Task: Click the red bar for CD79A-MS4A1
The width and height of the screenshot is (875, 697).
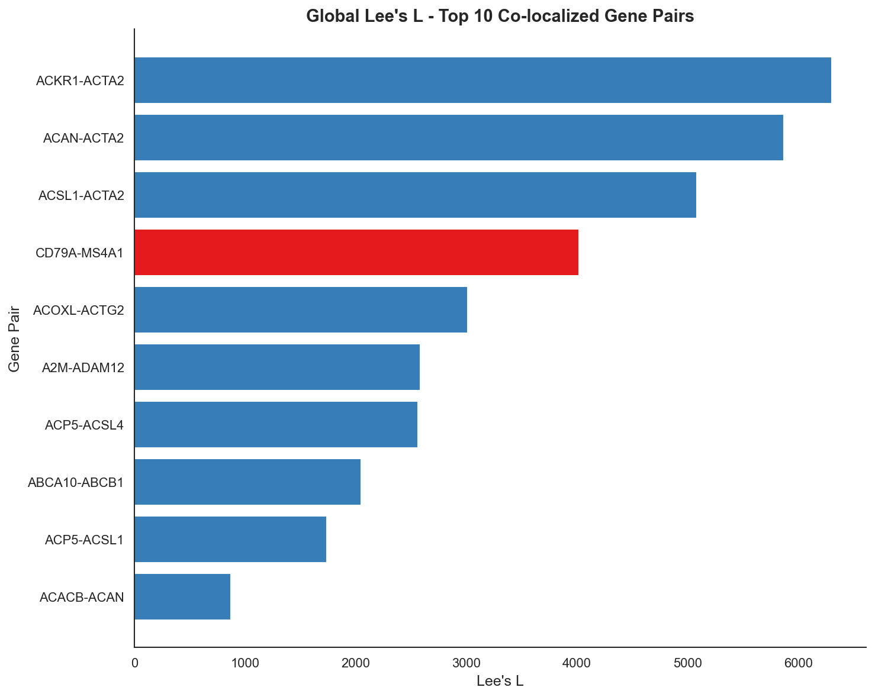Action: click(x=356, y=252)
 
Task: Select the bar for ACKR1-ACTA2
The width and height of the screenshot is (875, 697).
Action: click(x=482, y=80)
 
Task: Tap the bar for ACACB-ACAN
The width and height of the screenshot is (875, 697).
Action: click(x=182, y=596)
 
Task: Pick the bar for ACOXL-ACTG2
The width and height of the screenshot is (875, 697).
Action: click(x=301, y=309)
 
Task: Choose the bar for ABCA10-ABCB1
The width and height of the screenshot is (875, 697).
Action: click(x=247, y=482)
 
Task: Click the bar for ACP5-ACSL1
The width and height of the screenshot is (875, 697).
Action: click(x=230, y=539)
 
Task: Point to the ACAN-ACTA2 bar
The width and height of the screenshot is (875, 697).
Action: click(x=459, y=137)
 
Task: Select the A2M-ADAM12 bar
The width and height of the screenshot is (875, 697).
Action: click(x=277, y=367)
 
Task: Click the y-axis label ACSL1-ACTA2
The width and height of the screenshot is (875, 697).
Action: click(x=81, y=195)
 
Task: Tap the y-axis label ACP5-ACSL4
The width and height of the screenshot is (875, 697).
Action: click(x=84, y=425)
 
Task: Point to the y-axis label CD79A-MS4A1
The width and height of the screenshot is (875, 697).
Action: click(x=79, y=253)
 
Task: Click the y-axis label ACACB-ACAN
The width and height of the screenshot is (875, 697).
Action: click(x=82, y=597)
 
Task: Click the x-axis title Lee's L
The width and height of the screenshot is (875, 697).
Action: click(x=500, y=682)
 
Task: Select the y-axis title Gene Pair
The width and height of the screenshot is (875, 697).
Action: click(x=15, y=338)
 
